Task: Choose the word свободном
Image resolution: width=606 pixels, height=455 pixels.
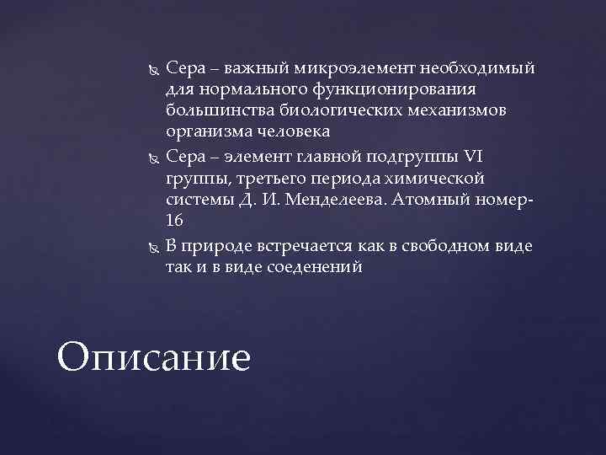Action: (x=433, y=246)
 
